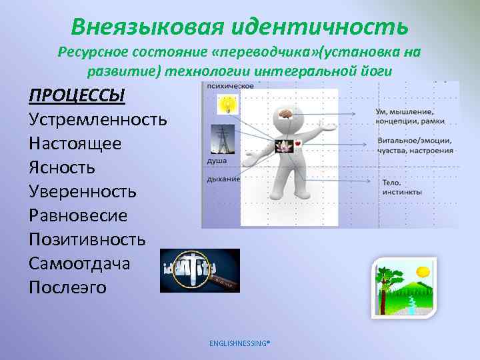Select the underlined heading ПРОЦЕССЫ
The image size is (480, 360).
coord(77,95)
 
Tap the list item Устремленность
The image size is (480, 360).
coord(98,119)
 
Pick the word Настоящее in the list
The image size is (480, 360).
coord(75,143)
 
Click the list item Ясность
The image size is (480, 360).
coord(62,167)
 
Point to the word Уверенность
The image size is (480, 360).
coord(83,191)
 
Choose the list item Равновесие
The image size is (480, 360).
coord(78,215)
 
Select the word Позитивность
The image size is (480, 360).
coord(87,239)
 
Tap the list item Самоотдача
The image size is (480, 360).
coord(79,263)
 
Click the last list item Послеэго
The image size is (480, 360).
coord(67,287)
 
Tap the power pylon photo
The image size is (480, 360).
coord(222,140)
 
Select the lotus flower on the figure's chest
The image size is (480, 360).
coord(281,144)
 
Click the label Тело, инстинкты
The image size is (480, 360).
coord(401,187)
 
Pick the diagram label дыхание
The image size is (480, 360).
coord(223,179)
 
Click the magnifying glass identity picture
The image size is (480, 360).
coord(199,270)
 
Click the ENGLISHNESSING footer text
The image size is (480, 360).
coord(239,343)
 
